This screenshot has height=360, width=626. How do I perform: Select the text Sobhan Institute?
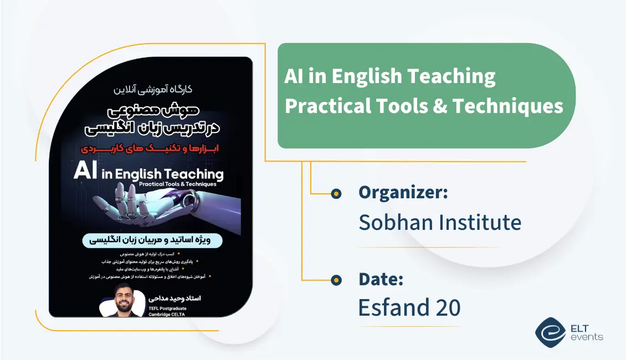coord(439,222)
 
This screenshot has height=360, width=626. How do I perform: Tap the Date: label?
coord(381,280)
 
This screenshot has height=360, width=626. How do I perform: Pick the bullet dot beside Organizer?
coord(336,194)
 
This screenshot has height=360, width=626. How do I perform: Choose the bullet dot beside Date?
coord(336,280)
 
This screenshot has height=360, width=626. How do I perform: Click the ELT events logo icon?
coord(550,332)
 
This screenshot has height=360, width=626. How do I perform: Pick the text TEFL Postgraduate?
coord(167,307)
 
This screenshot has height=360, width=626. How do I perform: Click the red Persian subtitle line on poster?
coord(151,148)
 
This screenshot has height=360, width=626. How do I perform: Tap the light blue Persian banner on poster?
coord(151,240)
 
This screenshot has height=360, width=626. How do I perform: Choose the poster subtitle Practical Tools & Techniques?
coord(177,184)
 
